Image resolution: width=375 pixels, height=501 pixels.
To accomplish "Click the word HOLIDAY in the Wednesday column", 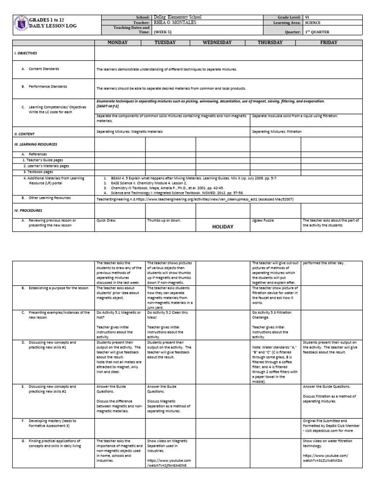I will [x=222, y=227].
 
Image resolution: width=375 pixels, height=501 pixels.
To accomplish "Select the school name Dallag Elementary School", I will [x=177, y=17].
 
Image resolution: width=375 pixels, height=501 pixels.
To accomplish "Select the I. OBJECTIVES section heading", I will [x=26, y=53].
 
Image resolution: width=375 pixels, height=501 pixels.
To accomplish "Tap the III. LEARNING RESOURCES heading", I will [x=36, y=144].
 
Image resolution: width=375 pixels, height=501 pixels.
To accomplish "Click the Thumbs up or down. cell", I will [x=165, y=221].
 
